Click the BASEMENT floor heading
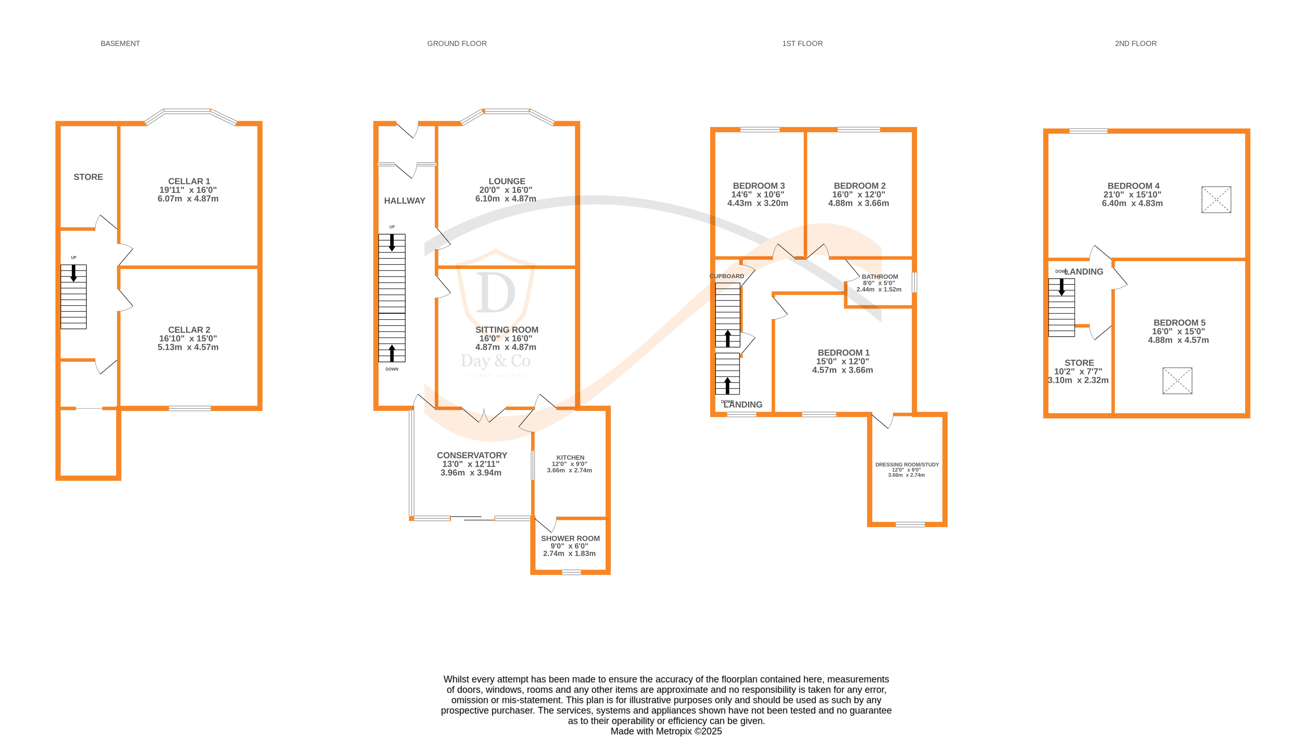(x=120, y=43)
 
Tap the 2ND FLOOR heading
(x=1135, y=43)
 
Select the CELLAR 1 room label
(x=189, y=181)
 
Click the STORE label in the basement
(x=88, y=177)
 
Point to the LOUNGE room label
(x=506, y=181)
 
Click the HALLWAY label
(x=404, y=201)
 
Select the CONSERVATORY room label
(x=471, y=455)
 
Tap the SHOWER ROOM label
(x=570, y=538)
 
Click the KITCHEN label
(x=570, y=457)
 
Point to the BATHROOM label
(x=880, y=277)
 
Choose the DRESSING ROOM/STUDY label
(x=906, y=464)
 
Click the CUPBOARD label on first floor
(x=727, y=276)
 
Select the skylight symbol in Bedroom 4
(x=1216, y=200)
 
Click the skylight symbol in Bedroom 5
(x=1177, y=380)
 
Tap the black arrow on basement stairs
(x=73, y=273)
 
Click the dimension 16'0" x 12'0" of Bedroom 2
(x=858, y=194)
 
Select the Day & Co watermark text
(x=495, y=361)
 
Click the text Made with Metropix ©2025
(x=666, y=731)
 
